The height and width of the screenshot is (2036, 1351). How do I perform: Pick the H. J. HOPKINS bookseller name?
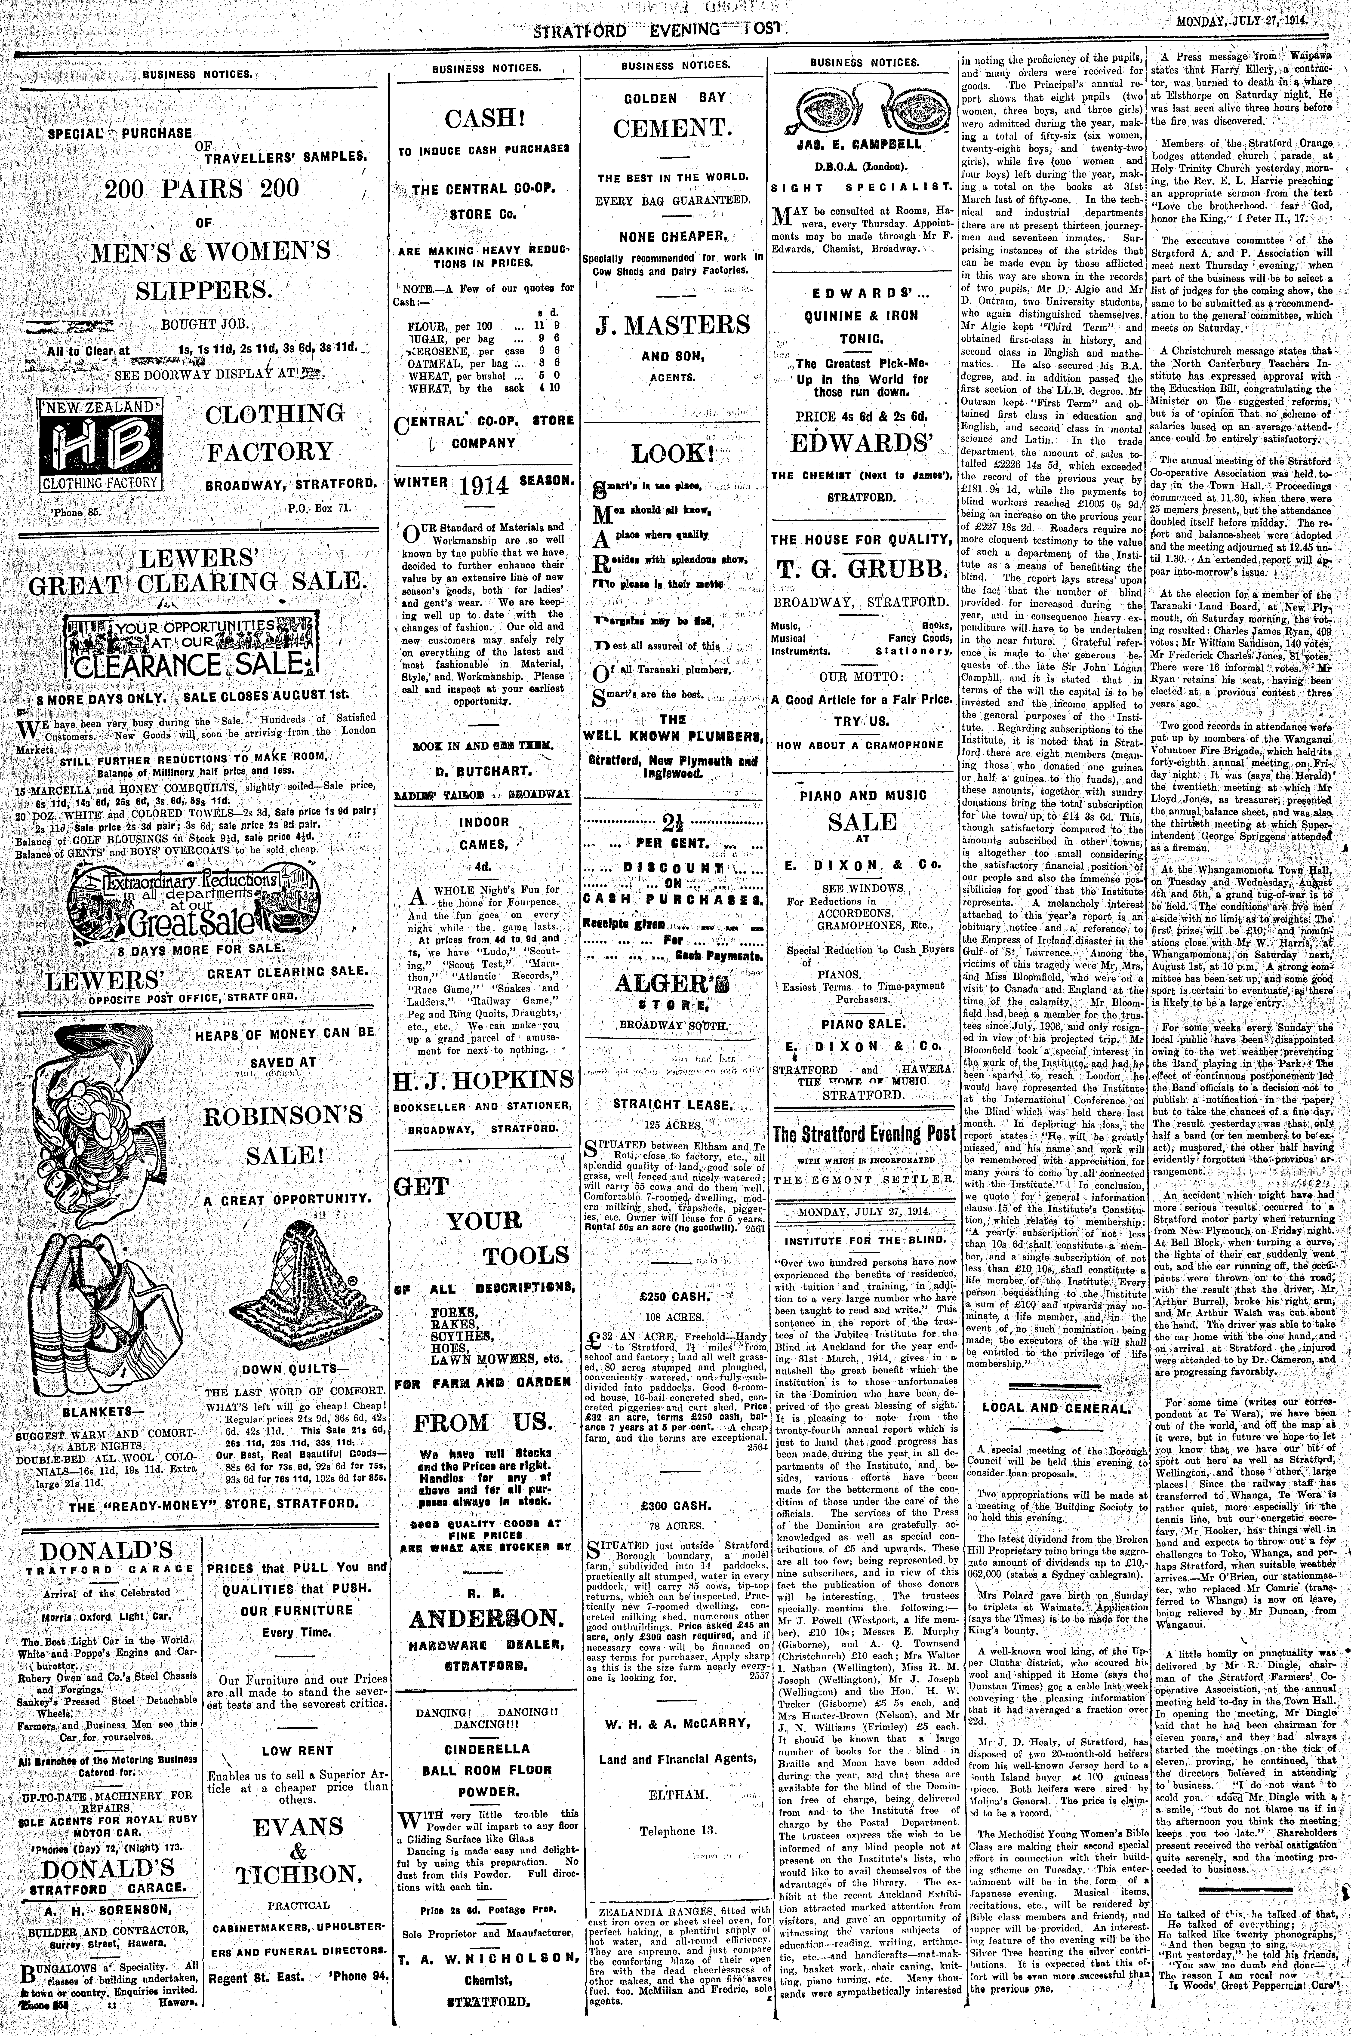coord(483,1080)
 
